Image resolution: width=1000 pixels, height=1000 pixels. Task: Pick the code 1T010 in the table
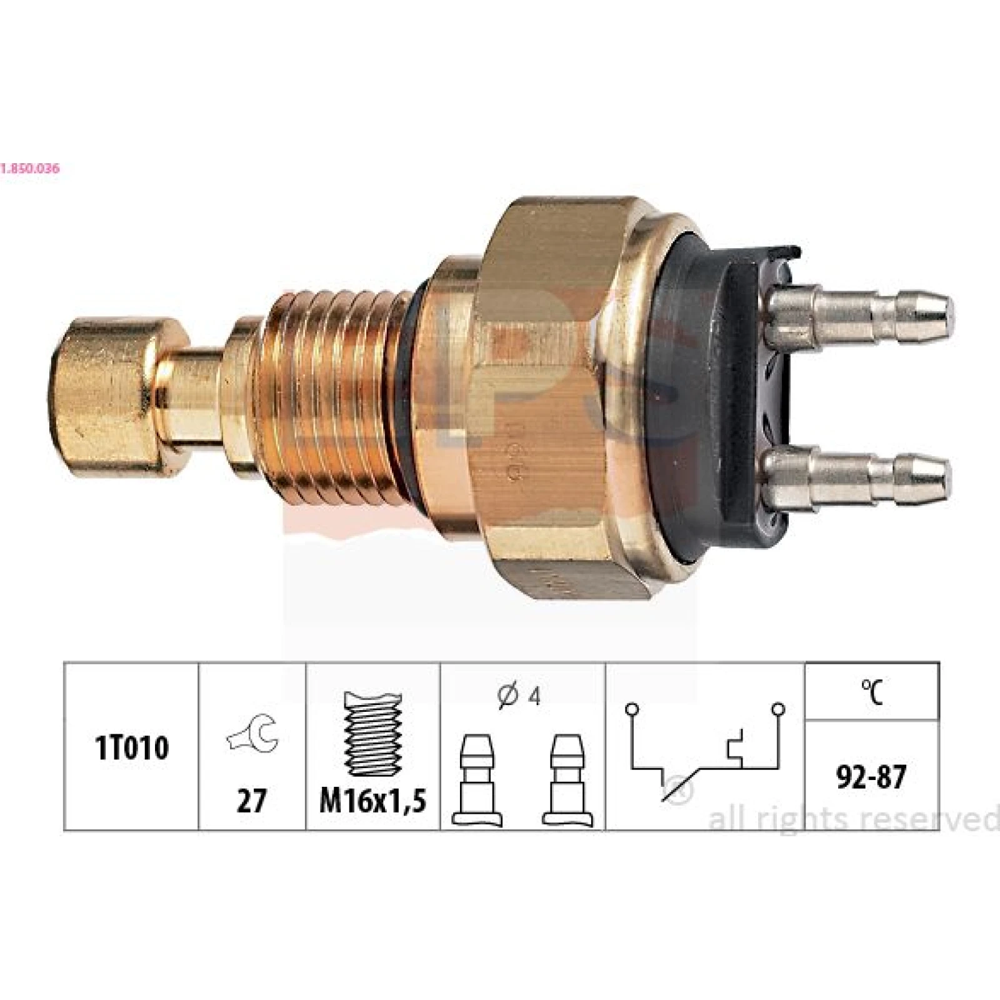click(131, 747)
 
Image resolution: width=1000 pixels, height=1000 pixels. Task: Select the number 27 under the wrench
click(251, 800)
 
